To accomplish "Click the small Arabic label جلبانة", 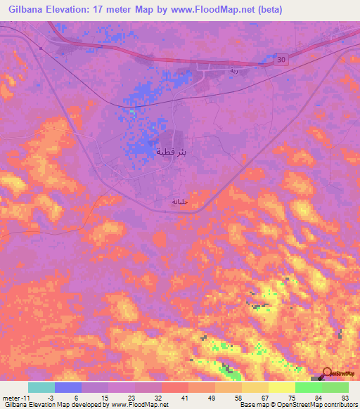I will click(180, 202).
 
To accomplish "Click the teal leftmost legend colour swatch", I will click(41, 387).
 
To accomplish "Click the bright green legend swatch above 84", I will click(309, 387).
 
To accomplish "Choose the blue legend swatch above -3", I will click(68, 387).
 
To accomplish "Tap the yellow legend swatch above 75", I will click(282, 387).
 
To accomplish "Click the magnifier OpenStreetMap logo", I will click(327, 374).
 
